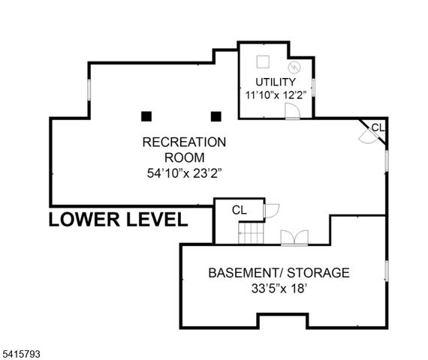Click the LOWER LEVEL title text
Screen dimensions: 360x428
(118, 220)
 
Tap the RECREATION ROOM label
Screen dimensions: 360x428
(184, 149)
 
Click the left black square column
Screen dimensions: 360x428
(146, 116)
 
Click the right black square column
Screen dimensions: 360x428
(216, 116)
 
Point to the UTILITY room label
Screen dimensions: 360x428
(276, 82)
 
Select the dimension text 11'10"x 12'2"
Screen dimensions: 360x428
(276, 95)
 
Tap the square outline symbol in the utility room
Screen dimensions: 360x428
(263, 61)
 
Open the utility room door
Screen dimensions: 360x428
(292, 112)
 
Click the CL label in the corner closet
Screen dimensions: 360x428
(378, 127)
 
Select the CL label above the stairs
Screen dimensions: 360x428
(240, 210)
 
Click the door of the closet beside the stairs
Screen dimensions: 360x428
(271, 209)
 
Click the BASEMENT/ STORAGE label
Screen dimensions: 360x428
(279, 272)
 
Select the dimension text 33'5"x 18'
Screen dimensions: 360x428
(279, 289)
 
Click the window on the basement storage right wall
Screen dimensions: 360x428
(387, 271)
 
